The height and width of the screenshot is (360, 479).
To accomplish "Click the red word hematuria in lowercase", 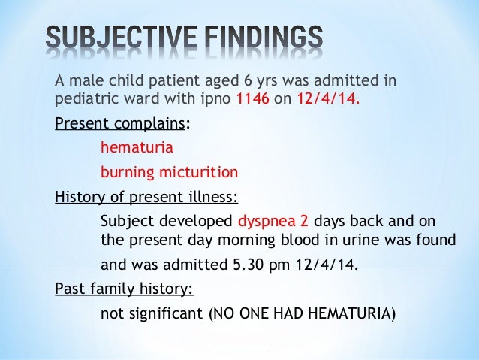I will (137, 147).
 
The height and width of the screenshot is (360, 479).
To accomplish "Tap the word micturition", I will (197, 172).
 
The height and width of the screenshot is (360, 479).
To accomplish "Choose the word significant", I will (164, 313).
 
